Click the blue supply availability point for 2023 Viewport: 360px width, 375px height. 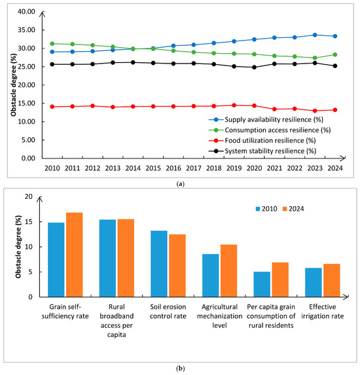315,35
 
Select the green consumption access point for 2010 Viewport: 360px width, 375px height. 52,44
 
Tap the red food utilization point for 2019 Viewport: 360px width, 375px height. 234,105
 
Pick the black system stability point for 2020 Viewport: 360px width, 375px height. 254,67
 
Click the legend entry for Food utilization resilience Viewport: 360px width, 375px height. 262,141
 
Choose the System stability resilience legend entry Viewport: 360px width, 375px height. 262,151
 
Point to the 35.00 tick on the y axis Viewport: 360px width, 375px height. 26,30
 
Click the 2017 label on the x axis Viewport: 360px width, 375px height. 194,168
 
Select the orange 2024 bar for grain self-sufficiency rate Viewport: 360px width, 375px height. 75,255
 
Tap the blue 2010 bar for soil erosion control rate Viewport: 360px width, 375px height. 159,264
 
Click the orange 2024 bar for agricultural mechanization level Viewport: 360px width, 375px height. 228,271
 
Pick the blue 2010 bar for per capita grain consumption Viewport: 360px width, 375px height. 262,285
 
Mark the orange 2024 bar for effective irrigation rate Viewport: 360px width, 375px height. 332,280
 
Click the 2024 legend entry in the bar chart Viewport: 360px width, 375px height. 293,209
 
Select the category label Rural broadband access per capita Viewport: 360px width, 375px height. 117,321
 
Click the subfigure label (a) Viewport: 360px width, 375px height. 180,184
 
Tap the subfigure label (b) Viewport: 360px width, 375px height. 180,368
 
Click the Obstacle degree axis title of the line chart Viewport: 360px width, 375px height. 13,85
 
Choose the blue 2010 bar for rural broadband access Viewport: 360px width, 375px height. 107,259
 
